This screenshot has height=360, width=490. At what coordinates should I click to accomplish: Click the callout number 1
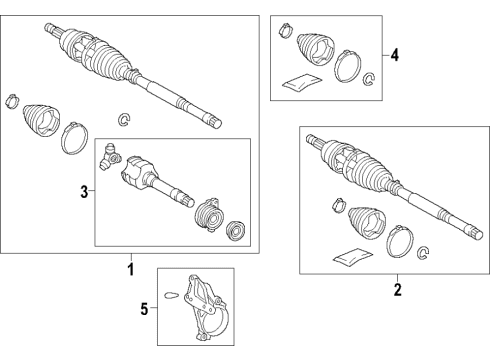pyautogui.click(x=129, y=269)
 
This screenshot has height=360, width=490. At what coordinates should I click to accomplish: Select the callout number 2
pyautogui.click(x=397, y=290)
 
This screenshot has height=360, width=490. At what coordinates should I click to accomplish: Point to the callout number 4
pyautogui.click(x=395, y=56)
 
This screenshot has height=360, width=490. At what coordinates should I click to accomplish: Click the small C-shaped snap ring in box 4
pyautogui.click(x=368, y=80)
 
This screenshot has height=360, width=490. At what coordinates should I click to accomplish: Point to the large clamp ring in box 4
pyautogui.click(x=347, y=66)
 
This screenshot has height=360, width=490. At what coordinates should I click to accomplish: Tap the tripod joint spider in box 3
pyautogui.click(x=113, y=157)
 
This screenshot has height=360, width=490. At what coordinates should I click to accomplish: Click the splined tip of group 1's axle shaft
pyautogui.click(x=213, y=122)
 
